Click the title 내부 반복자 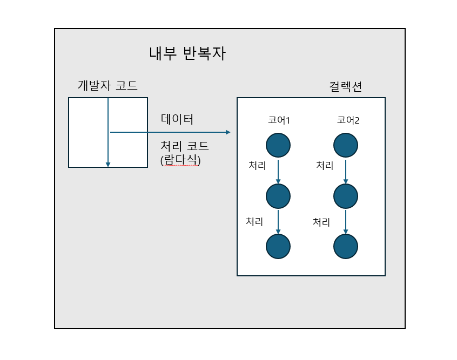click(x=187, y=54)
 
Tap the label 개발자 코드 click(x=107, y=85)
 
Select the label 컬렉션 click(x=345, y=86)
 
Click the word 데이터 click(x=177, y=119)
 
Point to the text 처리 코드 click(x=185, y=147)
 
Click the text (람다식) click(x=180, y=160)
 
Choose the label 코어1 click(x=279, y=120)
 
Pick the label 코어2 click(x=348, y=120)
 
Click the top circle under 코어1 click(x=278, y=145)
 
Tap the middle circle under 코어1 click(x=278, y=196)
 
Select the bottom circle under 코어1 click(x=278, y=247)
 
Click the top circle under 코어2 click(x=346, y=145)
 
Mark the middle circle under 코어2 click(x=346, y=196)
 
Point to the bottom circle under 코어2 click(x=346, y=247)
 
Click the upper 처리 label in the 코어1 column click(x=257, y=166)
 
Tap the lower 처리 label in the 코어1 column click(x=254, y=221)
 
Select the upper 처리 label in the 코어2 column click(x=325, y=166)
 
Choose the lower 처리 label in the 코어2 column click(x=321, y=221)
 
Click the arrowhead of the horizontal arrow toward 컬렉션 click(x=227, y=132)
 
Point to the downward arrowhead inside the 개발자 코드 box click(x=108, y=164)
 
